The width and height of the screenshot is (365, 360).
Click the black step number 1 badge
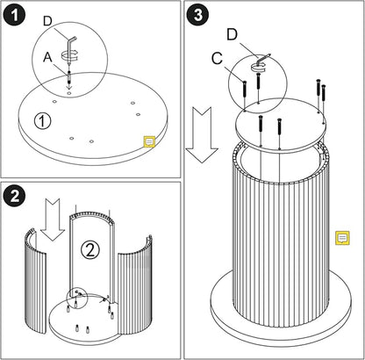click(14, 15)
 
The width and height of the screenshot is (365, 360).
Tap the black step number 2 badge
click(14, 196)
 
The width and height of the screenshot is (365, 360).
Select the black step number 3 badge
click(198, 15)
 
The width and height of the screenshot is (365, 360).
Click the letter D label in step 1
click(47, 21)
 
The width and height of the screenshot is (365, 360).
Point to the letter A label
click(47, 57)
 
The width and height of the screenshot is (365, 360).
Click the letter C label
click(217, 59)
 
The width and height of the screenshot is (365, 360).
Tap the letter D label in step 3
click(232, 35)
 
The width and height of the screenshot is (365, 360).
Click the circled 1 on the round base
click(42, 121)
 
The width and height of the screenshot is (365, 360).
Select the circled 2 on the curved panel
click(90, 250)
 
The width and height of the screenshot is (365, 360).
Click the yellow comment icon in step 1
click(149, 141)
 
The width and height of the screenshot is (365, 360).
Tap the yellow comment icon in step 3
click(342, 237)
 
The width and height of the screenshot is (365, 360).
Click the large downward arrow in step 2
click(53, 220)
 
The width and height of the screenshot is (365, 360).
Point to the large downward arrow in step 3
click(202, 134)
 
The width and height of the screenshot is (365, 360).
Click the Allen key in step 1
click(70, 47)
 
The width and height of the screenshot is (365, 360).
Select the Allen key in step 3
click(262, 58)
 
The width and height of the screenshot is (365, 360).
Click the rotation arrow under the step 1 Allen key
click(70, 54)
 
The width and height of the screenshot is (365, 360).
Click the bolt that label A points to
click(69, 76)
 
